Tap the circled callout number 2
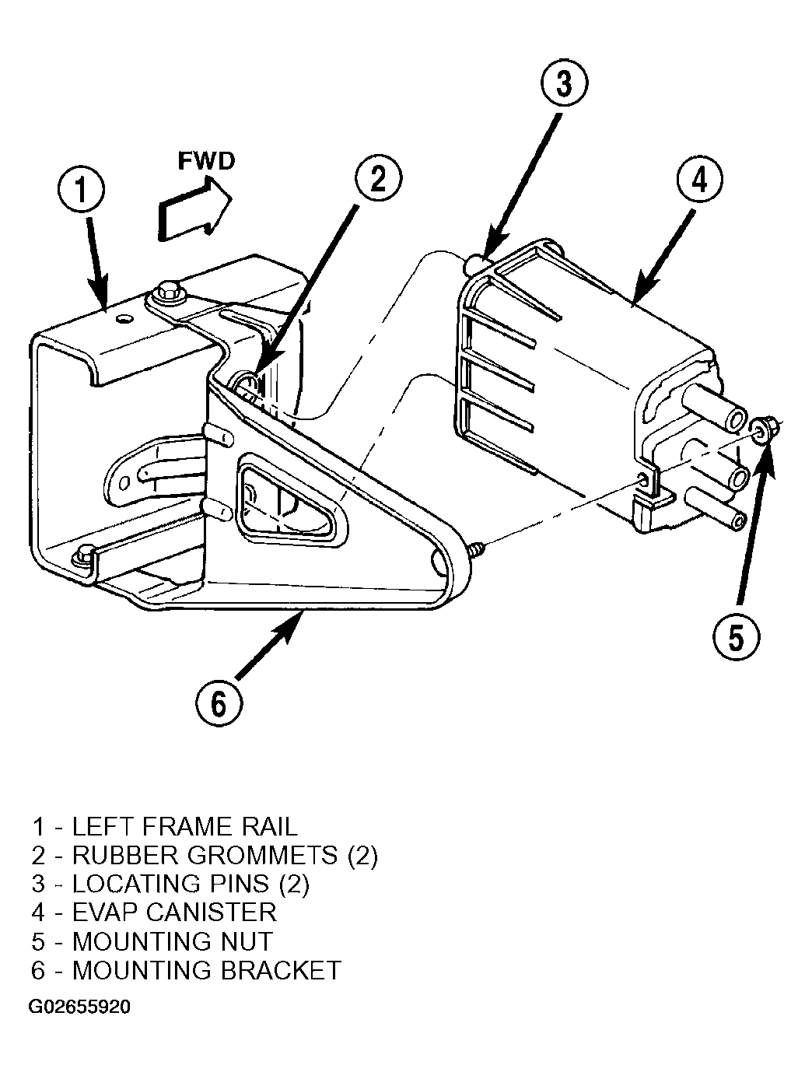tap(379, 179)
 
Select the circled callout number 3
tap(564, 83)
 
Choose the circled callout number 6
tap(219, 704)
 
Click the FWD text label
tap(206, 161)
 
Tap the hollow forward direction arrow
tap(194, 212)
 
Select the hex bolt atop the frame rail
tap(167, 292)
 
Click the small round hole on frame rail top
tap(125, 318)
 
